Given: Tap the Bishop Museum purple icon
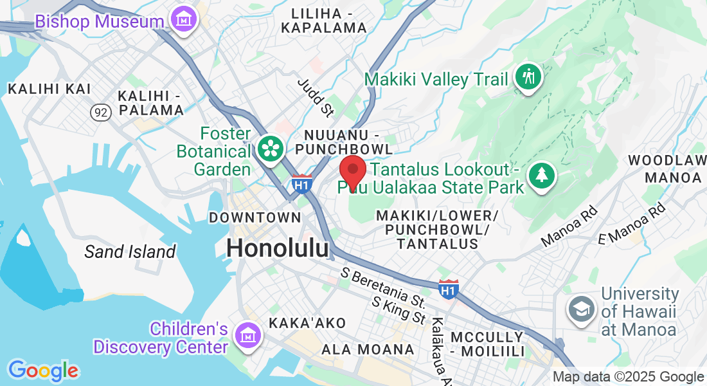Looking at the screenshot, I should coord(185,19).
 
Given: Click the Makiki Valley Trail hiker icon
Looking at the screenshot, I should coord(528,77).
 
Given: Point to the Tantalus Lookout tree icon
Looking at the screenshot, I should coord(541,175).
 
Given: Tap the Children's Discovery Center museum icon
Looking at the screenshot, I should coord(246,335).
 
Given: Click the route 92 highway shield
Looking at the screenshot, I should coord(100,113).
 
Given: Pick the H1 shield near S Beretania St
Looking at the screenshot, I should coord(449,289).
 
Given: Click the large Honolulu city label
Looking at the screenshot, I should coord(278,248).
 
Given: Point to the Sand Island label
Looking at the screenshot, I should coord(130,252).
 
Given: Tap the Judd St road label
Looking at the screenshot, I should coord(315,98).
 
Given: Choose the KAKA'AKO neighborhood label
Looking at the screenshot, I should coord(308,323).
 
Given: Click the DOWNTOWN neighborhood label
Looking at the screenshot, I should coord(255,217).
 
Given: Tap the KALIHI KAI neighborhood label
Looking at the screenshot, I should coord(49,89).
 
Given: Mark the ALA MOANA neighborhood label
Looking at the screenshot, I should coord(368,349).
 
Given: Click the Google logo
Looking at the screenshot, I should coord(43,371).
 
